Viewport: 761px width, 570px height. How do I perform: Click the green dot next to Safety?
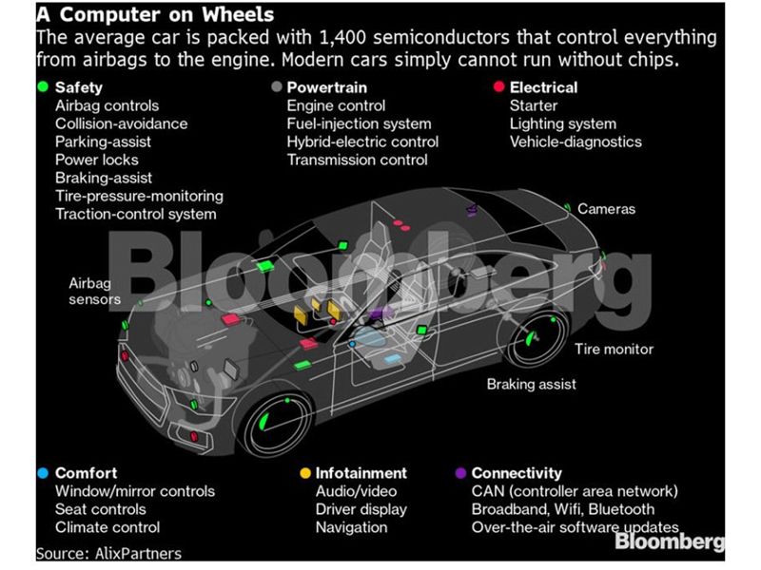42,87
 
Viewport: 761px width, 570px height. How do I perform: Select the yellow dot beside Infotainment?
304,472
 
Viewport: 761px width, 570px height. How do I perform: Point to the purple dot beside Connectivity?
461,472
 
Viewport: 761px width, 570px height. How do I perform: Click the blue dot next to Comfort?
42,472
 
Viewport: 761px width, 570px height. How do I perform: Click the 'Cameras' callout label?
605,209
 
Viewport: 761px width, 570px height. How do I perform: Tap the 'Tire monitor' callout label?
614,349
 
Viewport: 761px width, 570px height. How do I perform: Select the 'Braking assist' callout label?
531,385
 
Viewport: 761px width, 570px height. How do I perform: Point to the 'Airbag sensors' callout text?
94,291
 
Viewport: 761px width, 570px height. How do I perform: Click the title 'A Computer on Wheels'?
154,15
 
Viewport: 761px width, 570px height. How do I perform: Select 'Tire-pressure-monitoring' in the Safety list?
139,196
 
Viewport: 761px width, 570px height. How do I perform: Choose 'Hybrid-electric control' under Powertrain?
362,142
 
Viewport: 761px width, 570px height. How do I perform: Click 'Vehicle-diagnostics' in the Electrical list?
576,142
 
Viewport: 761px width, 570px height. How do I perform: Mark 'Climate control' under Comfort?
107,527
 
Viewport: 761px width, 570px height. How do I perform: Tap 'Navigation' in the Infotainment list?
353,527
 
